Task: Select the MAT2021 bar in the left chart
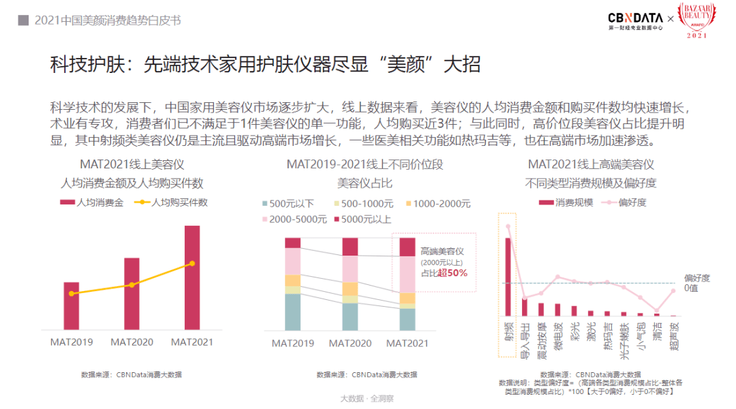pyautogui.click(x=192, y=277)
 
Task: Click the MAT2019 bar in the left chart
pyautogui.click(x=72, y=305)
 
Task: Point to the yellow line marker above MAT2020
pyautogui.click(x=132, y=285)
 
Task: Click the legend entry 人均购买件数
pyautogui.click(x=172, y=202)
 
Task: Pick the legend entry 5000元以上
pyautogui.click(x=366, y=219)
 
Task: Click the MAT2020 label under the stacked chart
pyautogui.click(x=350, y=343)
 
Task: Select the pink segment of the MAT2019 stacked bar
pyautogui.click(x=293, y=261)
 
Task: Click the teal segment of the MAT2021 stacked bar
pyautogui.click(x=408, y=320)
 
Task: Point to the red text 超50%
pyautogui.click(x=453, y=273)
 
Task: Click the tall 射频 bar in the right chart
pyautogui.click(x=508, y=277)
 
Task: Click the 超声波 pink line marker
pyautogui.click(x=673, y=291)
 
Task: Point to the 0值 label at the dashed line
pyautogui.click(x=692, y=288)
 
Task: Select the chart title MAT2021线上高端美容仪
pyautogui.click(x=590, y=164)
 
